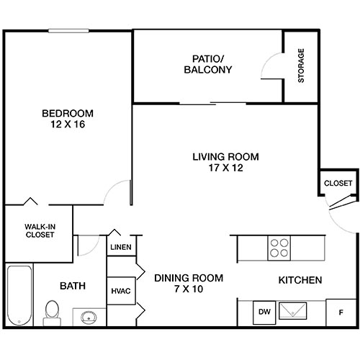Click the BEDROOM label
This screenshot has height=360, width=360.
(67, 113)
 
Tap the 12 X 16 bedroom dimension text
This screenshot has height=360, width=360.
(67, 125)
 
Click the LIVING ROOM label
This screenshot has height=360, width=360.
(225, 156)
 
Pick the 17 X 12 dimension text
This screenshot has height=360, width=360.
(225, 168)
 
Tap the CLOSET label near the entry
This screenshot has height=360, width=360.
(338, 184)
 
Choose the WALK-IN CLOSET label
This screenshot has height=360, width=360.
(40, 230)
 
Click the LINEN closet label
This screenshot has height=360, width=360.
(120, 248)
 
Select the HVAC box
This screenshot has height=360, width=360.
(120, 292)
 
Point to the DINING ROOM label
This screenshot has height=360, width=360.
(189, 278)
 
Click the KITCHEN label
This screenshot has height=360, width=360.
(300, 279)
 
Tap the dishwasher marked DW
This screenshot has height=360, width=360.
(265, 312)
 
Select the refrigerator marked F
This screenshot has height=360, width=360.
(341, 312)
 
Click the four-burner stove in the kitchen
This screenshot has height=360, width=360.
(279, 248)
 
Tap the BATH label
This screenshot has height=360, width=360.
(73, 286)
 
